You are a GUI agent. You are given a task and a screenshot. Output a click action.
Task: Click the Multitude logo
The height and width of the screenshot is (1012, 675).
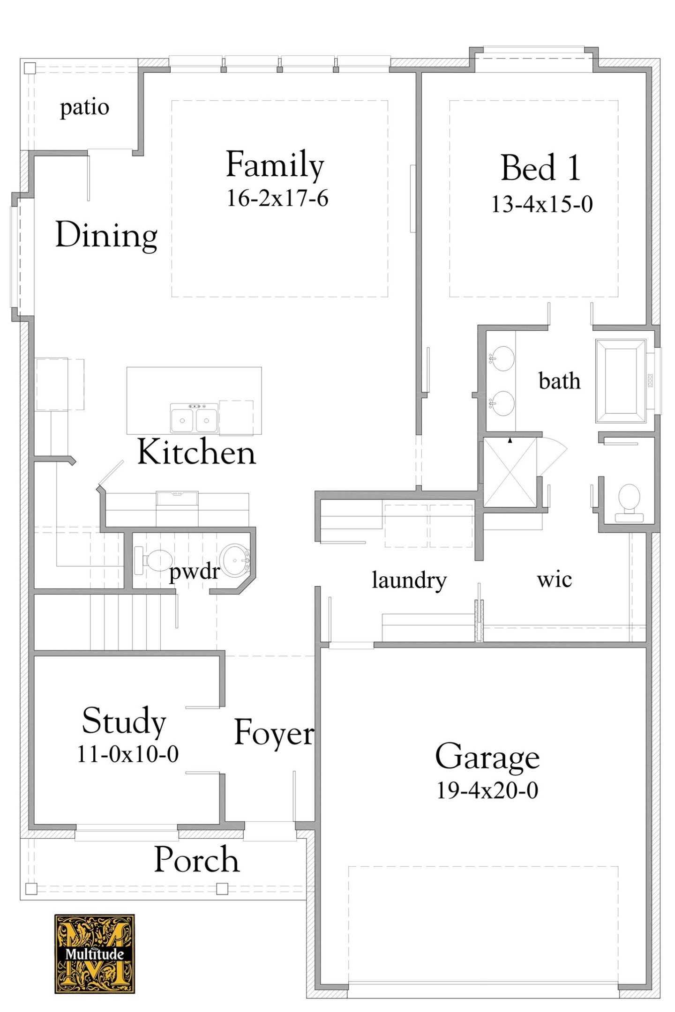click(94, 953)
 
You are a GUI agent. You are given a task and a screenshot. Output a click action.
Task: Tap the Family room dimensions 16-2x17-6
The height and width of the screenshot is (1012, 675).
click(277, 198)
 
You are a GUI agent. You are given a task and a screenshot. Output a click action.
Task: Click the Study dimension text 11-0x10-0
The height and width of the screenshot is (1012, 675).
click(127, 754)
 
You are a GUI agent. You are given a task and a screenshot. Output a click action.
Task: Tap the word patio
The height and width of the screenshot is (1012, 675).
click(84, 107)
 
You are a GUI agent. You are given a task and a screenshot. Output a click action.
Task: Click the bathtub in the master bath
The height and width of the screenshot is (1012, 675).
click(620, 381)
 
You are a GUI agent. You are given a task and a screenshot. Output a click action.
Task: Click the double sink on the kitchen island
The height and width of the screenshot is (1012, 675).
click(194, 418)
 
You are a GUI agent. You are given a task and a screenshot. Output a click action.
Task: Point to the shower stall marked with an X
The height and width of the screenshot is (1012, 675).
click(510, 472)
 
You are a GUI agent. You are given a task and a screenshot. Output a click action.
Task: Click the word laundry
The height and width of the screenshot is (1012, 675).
click(409, 580)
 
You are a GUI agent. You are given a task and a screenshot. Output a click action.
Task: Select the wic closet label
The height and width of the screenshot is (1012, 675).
click(554, 580)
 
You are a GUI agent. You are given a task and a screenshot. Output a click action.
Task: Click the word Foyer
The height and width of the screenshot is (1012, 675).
click(274, 732)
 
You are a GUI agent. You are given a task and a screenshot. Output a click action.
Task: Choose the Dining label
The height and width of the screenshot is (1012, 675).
click(106, 235)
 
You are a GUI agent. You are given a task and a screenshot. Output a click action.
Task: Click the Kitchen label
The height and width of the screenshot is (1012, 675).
click(196, 452)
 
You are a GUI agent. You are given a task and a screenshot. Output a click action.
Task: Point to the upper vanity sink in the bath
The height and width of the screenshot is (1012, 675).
click(502, 358)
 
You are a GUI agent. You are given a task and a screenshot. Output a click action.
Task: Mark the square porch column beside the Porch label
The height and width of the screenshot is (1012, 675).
click(222, 888)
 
